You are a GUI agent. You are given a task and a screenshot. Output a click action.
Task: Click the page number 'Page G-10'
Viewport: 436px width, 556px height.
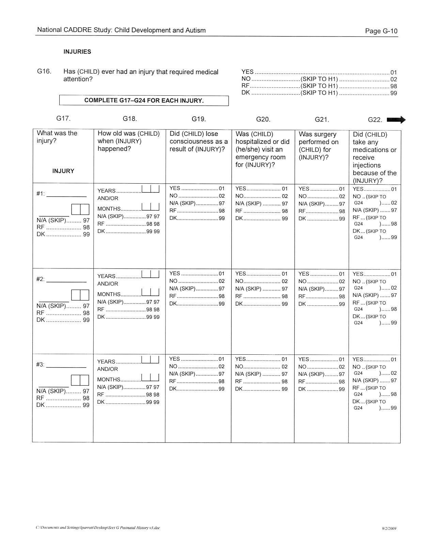point(381,31)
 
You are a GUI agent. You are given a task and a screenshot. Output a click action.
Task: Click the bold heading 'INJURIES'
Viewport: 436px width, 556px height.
point(77,52)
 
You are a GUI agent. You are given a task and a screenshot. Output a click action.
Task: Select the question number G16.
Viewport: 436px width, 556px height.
point(44,72)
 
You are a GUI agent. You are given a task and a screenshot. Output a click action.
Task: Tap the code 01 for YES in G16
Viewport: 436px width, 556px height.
point(393,72)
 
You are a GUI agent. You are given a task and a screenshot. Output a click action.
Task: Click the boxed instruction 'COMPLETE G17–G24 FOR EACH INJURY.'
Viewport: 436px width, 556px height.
point(144,101)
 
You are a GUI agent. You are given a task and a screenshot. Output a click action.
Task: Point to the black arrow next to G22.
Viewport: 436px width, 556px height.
point(396,120)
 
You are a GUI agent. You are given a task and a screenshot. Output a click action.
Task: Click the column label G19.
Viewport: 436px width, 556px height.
point(199,119)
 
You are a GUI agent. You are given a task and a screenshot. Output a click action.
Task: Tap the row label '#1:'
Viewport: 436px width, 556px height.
point(41,194)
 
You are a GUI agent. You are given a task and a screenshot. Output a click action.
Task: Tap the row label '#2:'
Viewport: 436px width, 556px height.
point(40,279)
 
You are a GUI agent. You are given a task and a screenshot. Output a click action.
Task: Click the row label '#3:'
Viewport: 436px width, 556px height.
point(40,365)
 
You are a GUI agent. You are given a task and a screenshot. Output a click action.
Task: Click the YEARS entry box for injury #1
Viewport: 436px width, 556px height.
point(150,189)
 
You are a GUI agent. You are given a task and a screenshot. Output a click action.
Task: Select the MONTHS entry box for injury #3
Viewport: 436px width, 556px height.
point(150,377)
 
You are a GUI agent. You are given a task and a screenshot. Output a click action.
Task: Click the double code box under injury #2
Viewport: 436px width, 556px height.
point(80,295)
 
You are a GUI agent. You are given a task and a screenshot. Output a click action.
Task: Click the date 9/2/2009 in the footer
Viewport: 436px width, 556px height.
point(389,529)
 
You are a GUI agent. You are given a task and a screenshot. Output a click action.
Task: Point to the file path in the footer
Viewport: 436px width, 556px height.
point(97,528)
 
